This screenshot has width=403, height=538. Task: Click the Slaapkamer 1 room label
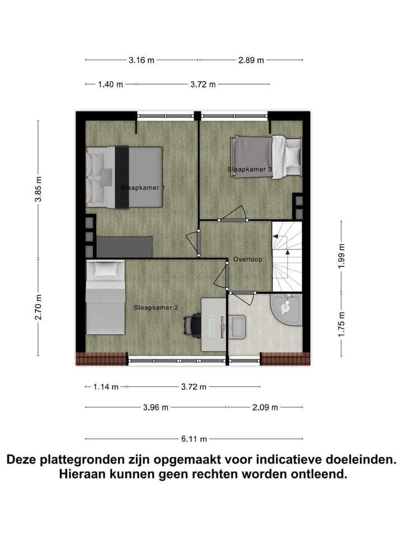[x=143, y=188]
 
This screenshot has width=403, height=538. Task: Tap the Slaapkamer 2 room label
[x=156, y=307]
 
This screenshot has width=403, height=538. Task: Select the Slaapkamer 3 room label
[x=250, y=169]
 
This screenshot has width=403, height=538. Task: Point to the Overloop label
[x=247, y=259]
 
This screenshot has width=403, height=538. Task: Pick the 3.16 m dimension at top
[x=141, y=60]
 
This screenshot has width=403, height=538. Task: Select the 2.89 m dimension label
[x=251, y=60]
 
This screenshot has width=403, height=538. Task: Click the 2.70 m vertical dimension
[x=38, y=308]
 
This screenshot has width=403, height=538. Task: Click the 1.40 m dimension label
[x=110, y=85]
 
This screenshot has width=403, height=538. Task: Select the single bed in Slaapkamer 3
[x=266, y=157]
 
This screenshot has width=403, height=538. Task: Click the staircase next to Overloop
[x=287, y=256]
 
